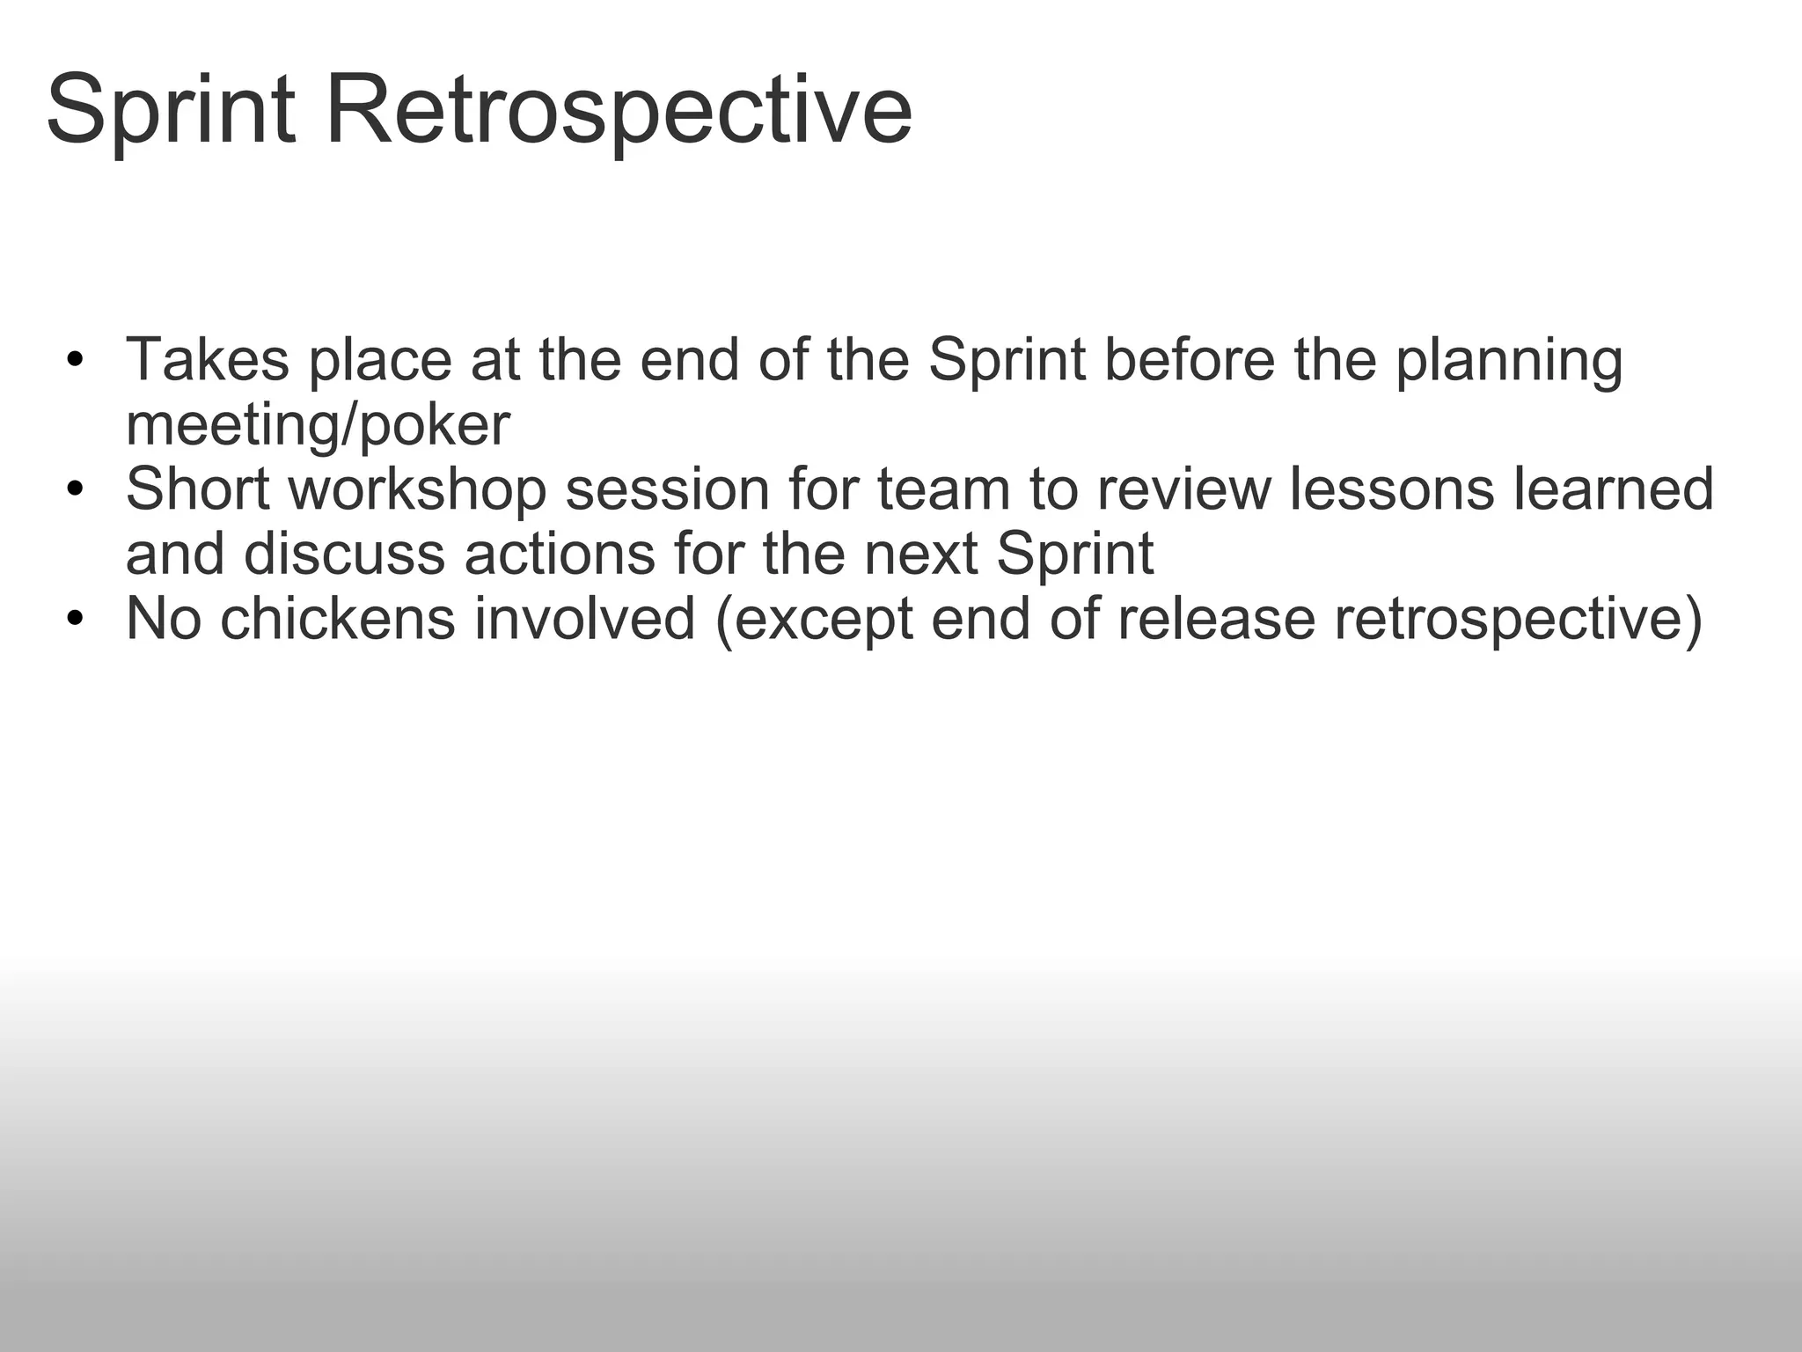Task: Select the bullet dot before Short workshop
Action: tap(75, 489)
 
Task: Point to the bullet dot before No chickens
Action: tap(75, 619)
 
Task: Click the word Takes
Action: tap(208, 360)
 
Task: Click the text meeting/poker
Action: tap(318, 426)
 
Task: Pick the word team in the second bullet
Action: tap(943, 489)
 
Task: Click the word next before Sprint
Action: tap(921, 555)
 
